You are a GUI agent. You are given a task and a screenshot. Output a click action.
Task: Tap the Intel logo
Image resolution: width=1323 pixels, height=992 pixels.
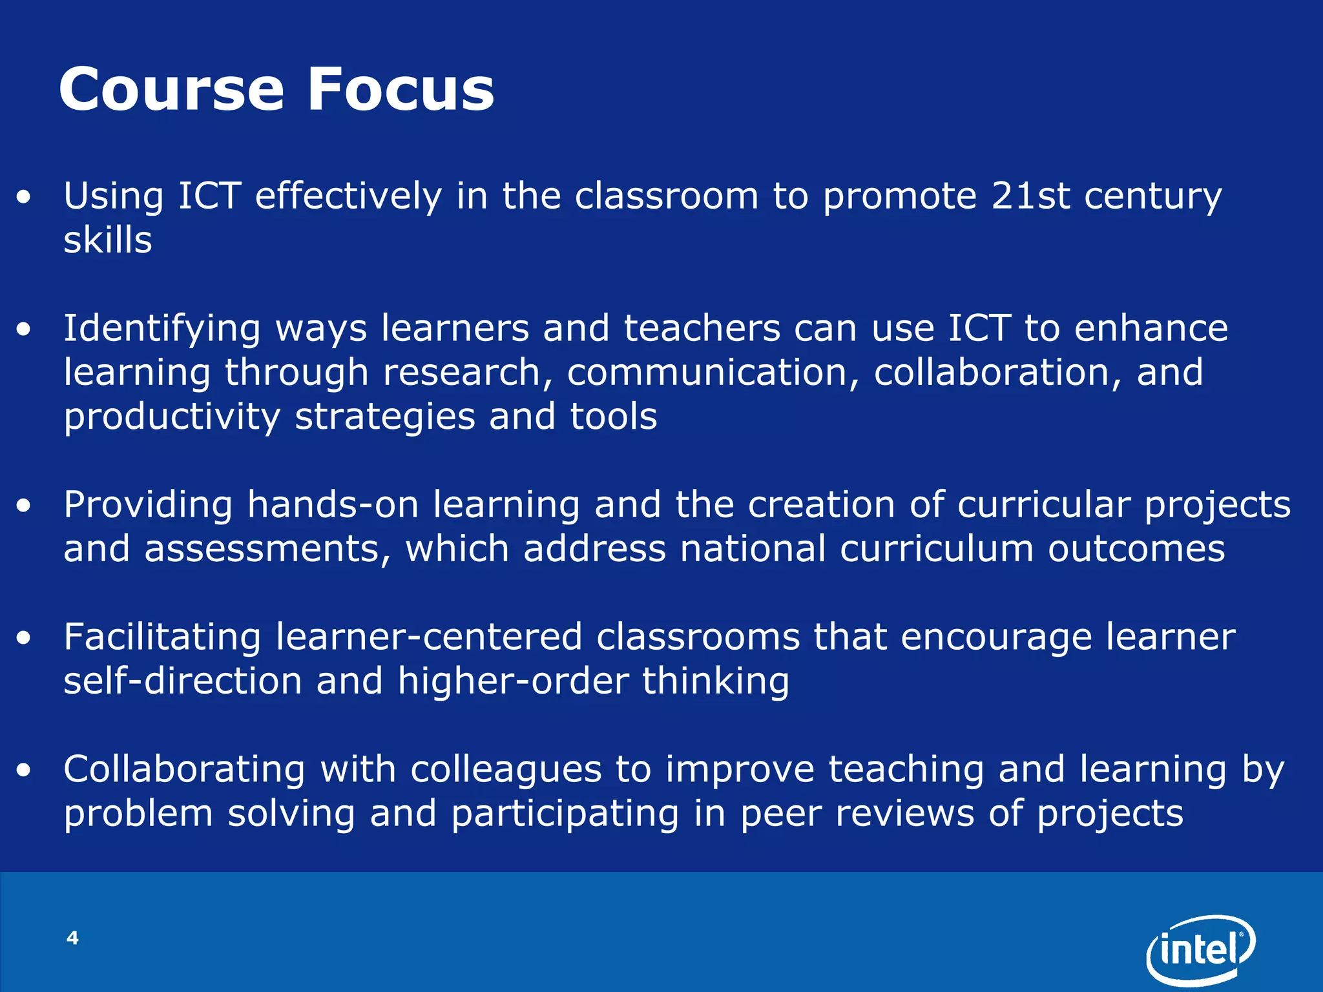pyautogui.click(x=1200, y=947)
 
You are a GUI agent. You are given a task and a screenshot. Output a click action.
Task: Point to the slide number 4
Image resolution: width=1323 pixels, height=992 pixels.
pyautogui.click(x=72, y=938)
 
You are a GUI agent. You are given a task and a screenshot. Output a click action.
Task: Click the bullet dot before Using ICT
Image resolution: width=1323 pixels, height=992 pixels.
pyautogui.click(x=24, y=198)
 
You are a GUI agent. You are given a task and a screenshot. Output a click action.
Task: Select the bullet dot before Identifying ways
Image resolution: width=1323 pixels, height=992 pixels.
pyautogui.click(x=24, y=330)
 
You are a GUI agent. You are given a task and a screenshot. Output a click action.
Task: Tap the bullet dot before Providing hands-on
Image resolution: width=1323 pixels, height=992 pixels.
pyautogui.click(x=24, y=506)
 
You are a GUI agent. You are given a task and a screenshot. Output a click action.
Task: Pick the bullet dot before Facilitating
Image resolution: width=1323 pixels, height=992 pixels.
pyautogui.click(x=24, y=639)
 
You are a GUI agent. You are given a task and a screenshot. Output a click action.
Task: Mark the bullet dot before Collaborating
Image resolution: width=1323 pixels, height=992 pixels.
pyautogui.click(x=24, y=770)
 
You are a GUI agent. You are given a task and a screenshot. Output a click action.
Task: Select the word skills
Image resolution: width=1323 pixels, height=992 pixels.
pyautogui.click(x=107, y=240)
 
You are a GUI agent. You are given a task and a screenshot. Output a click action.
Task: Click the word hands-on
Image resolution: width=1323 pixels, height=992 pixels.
pyautogui.click(x=333, y=504)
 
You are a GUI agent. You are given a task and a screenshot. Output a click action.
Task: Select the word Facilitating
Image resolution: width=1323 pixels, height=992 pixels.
pyautogui.click(x=161, y=637)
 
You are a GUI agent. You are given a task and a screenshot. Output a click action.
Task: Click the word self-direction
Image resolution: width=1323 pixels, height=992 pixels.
pyautogui.click(x=183, y=681)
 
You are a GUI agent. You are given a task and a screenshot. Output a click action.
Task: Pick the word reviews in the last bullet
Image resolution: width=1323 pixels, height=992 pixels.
pyautogui.click(x=904, y=814)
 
